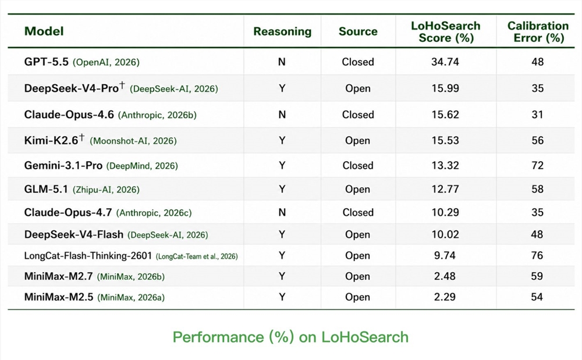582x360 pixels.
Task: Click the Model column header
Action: coord(44,31)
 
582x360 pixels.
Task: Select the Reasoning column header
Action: coord(282,31)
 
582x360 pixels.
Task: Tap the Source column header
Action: coord(358,31)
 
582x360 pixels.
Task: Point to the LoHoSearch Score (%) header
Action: coord(446,31)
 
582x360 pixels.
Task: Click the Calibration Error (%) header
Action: coord(538,31)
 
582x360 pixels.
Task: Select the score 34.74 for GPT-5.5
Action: coord(445,62)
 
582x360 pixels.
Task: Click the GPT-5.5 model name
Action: coord(47,62)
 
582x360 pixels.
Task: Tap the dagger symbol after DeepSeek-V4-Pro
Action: coord(122,86)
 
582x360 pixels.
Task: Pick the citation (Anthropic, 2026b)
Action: coord(157,115)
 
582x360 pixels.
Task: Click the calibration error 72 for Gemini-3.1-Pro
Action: coord(537,165)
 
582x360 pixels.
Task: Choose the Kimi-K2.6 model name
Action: coord(51,140)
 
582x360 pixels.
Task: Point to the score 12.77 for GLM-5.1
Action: coord(445,189)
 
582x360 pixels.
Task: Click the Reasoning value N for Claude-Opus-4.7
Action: coord(282,212)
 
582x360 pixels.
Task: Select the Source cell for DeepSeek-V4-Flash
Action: coord(357,234)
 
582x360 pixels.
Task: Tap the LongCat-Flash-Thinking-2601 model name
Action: coord(88,256)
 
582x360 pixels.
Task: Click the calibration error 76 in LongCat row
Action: coord(537,255)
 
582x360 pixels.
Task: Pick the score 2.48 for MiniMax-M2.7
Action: coord(445,276)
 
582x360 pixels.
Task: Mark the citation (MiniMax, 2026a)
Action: coord(131,297)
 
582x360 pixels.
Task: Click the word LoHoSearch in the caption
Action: coord(365,337)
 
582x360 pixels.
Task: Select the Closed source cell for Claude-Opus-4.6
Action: coord(358,115)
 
